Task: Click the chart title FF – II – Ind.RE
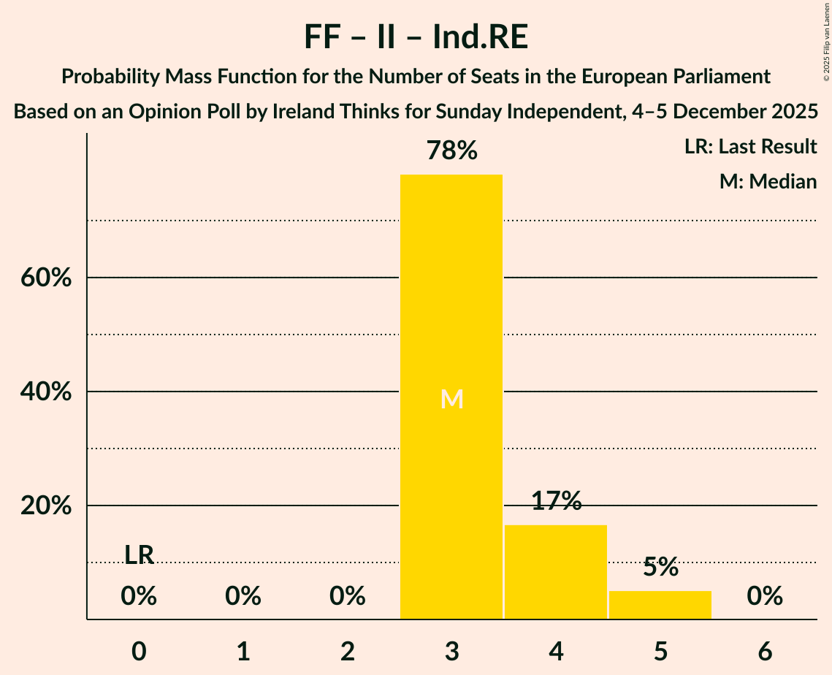pos(416,38)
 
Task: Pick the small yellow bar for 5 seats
pos(660,605)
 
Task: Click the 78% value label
pos(451,151)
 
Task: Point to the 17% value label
pos(556,501)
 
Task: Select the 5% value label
pos(660,567)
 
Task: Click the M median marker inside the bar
pos(451,399)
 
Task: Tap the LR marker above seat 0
pos(139,555)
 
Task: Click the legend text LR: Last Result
pos(750,147)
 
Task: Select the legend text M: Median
pos(768,181)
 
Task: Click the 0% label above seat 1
pos(243,597)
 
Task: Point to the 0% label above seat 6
pos(765,597)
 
